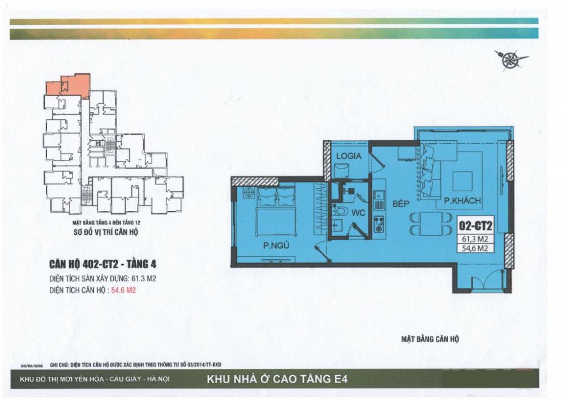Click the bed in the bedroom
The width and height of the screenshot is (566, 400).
(277, 212)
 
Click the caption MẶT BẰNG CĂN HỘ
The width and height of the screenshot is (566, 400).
(431, 339)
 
